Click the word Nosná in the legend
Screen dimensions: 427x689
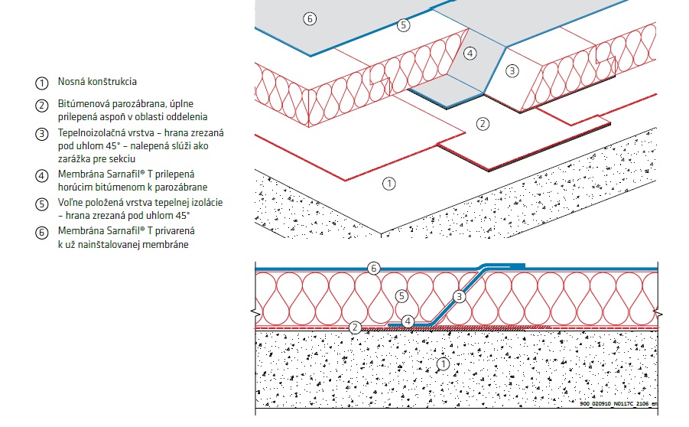tap(70, 82)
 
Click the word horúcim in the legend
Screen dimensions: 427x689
tap(75, 186)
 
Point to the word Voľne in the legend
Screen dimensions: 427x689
tap(70, 203)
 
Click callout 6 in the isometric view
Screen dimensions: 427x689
tap(309, 18)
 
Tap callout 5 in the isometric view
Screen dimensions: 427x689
tap(404, 25)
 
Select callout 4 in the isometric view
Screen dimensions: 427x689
tap(470, 53)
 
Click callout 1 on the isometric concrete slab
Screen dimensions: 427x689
tap(388, 183)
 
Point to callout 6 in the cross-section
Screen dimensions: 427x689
tap(373, 268)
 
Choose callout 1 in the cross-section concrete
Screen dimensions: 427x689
tap(441, 364)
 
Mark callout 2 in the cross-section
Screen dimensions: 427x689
tap(355, 328)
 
